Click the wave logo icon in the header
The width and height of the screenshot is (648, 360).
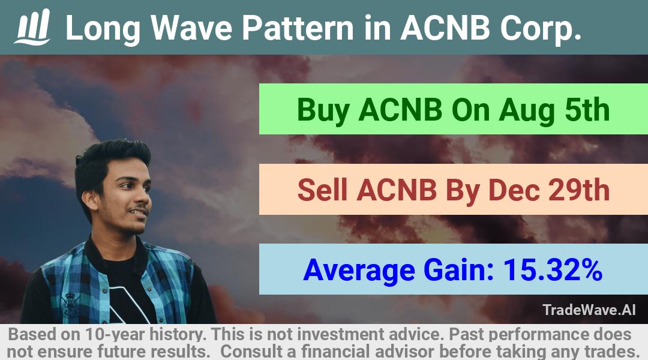[x=32, y=27]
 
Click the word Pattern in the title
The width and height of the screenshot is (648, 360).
[x=298, y=28]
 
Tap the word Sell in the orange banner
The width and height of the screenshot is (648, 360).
[x=322, y=190]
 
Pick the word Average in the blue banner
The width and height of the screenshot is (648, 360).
[x=359, y=271]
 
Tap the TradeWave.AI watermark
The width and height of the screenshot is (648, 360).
[x=589, y=310]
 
